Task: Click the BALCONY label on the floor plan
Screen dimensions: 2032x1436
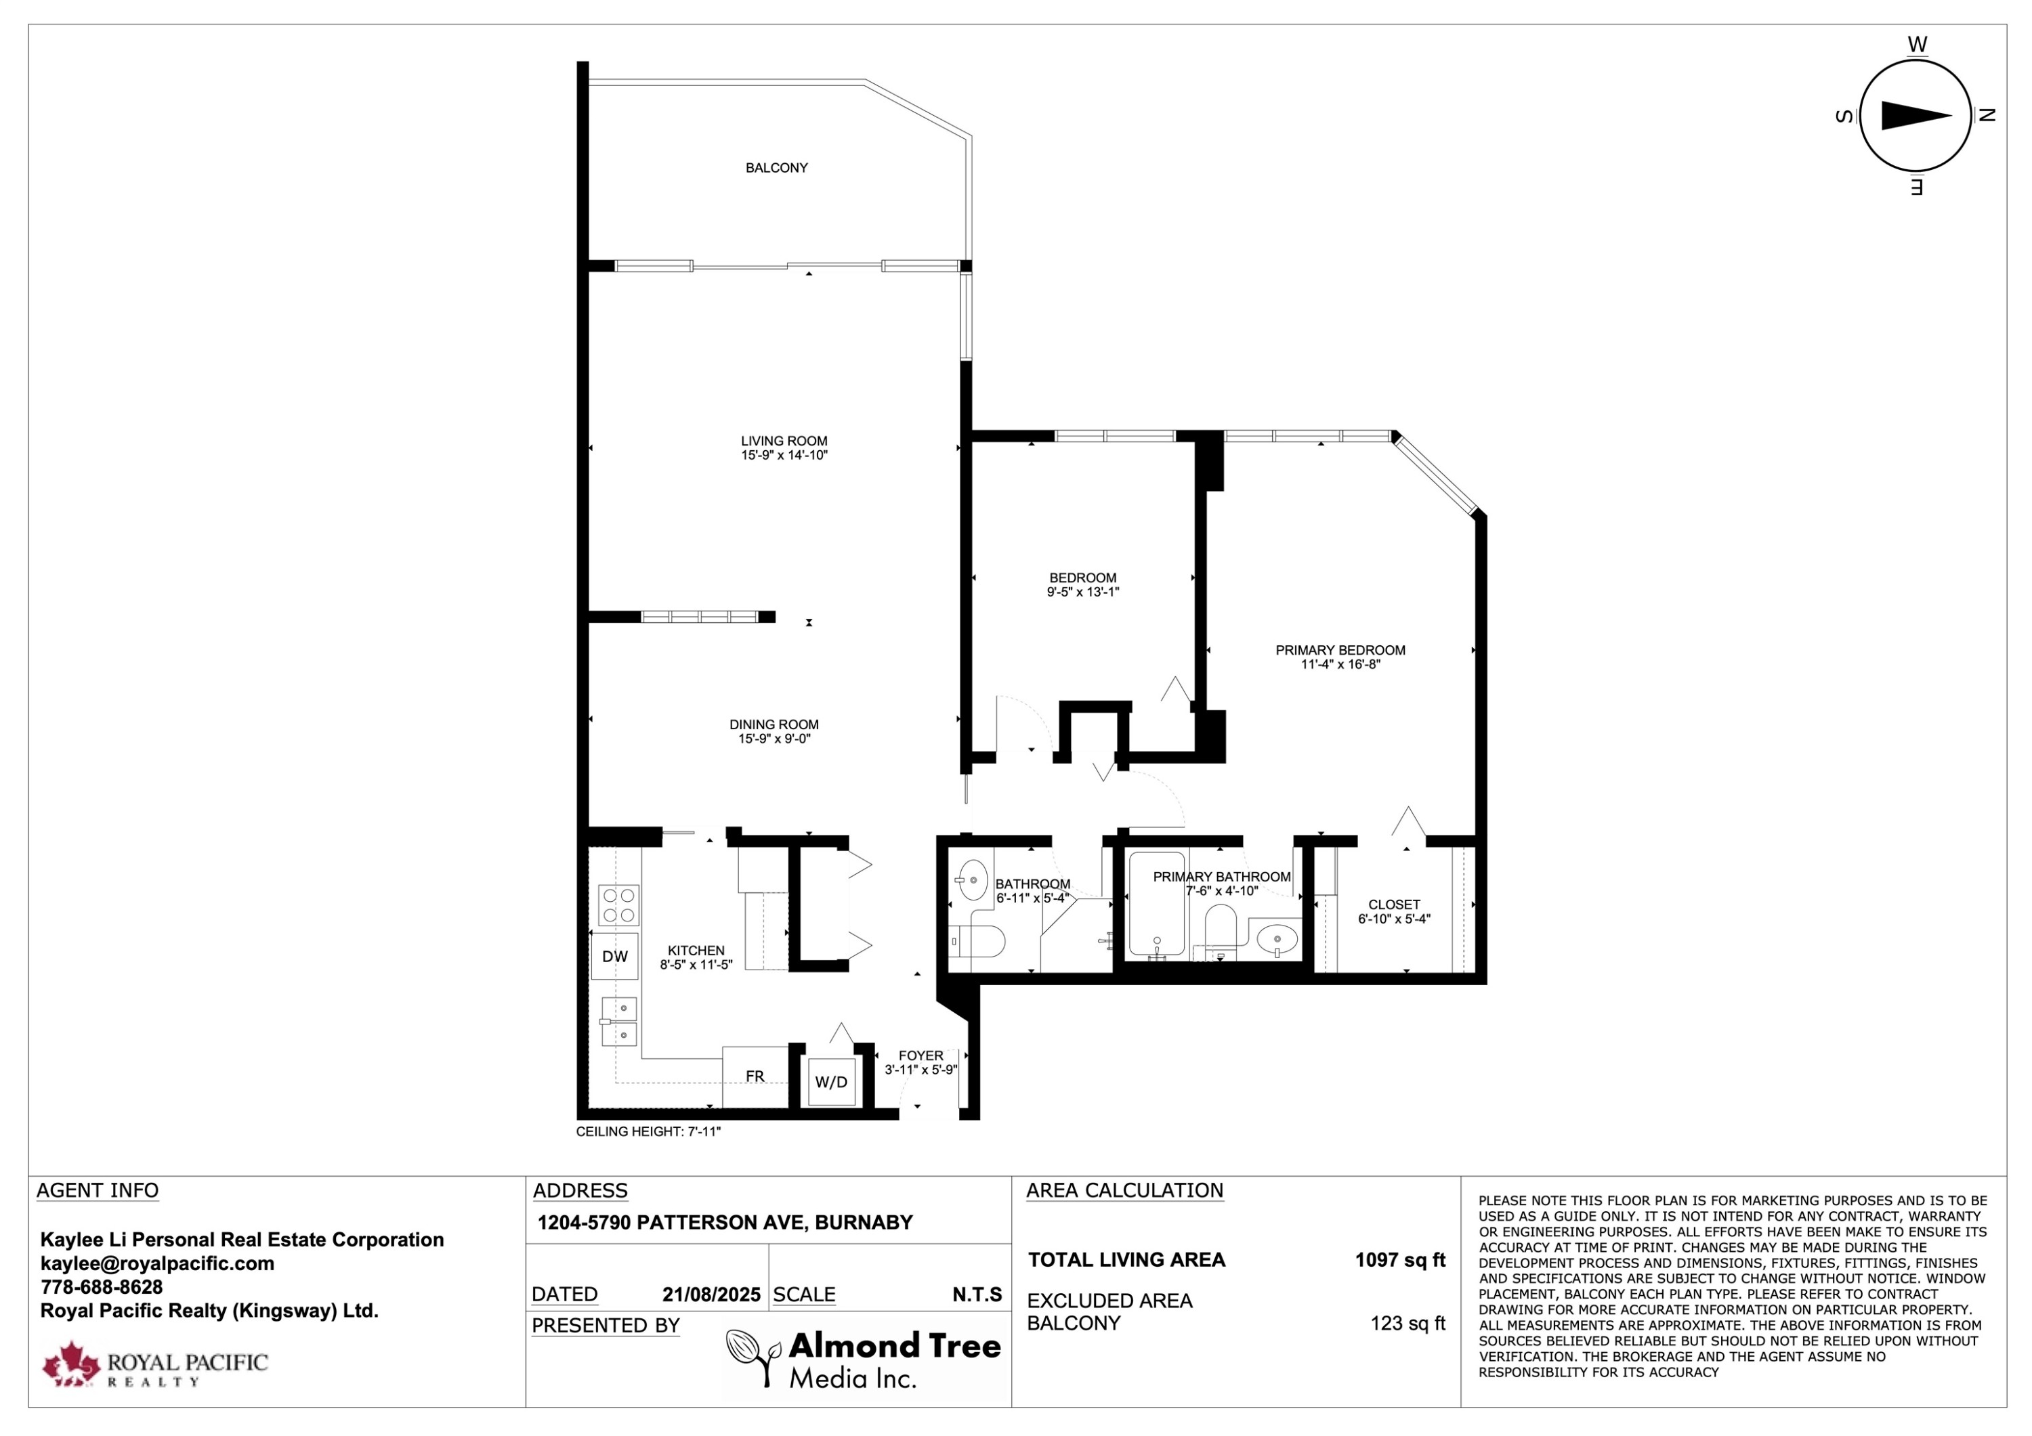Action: coord(776,168)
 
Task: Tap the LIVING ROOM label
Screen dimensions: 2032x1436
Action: coord(784,441)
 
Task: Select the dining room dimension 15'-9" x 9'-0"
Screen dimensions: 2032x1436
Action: coord(774,739)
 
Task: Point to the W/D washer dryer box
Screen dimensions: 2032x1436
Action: coord(831,1082)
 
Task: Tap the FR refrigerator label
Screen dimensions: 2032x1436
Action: coord(755,1076)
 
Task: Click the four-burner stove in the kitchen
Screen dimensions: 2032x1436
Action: coord(618,905)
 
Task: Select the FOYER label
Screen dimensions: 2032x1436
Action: coord(920,1056)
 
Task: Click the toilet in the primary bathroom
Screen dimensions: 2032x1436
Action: coord(1221,932)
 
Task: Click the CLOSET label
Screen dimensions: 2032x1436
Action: coord(1394,905)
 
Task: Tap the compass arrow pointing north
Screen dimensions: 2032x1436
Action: coord(1916,116)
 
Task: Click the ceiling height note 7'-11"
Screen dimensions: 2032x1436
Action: coord(649,1131)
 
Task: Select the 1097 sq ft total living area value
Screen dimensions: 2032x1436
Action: coord(1400,1260)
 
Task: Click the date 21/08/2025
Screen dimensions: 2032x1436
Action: coord(712,1294)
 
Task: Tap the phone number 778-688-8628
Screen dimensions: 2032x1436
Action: coord(102,1287)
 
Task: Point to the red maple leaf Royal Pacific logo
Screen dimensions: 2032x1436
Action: coord(72,1364)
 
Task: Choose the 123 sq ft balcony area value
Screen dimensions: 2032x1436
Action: coord(1408,1324)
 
